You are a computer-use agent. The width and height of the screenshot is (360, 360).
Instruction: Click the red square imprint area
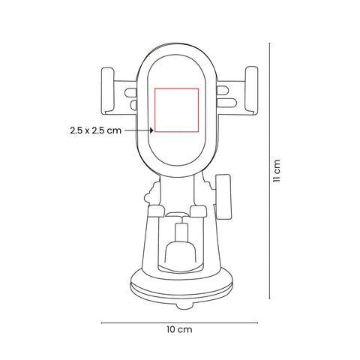(x=176, y=110)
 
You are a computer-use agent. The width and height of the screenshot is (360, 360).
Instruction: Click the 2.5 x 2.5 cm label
(x=95, y=130)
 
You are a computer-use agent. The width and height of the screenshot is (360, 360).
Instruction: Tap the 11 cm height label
(x=277, y=171)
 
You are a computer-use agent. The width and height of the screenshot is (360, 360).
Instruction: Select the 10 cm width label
(x=179, y=329)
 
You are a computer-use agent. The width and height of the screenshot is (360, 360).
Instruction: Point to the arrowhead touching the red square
(x=151, y=130)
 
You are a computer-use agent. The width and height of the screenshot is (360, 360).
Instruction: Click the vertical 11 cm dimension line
(x=269, y=171)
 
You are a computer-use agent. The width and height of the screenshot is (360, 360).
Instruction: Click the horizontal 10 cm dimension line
(x=179, y=322)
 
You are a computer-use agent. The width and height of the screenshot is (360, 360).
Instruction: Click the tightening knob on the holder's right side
(x=223, y=197)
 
